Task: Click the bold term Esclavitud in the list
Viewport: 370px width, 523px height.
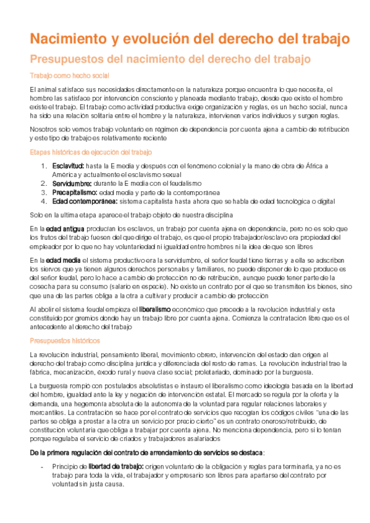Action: (69, 166)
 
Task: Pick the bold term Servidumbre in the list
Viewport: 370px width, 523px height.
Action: (72, 183)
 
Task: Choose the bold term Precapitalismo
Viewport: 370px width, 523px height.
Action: (75, 192)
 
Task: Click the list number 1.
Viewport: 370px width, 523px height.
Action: (43, 166)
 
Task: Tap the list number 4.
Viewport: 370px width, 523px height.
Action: (43, 200)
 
